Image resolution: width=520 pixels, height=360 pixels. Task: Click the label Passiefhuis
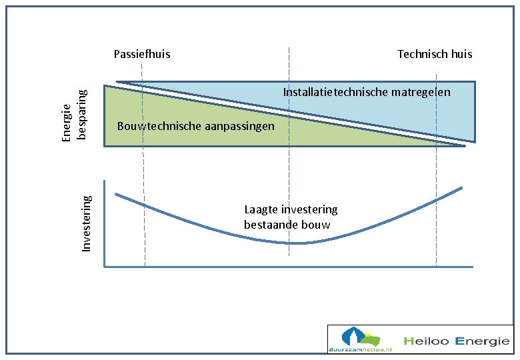(142, 54)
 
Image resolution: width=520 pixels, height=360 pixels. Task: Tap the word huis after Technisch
(461, 54)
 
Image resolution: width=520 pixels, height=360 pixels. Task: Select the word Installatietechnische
(335, 92)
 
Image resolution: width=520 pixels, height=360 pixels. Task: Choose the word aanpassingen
(239, 126)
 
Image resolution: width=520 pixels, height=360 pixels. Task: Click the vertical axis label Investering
(87, 223)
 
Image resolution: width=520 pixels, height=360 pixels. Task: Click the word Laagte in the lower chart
(261, 209)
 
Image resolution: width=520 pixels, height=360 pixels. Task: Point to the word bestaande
(270, 225)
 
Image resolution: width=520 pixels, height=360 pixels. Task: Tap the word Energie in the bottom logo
(482, 341)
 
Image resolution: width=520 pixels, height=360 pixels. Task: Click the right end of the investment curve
(461, 188)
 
